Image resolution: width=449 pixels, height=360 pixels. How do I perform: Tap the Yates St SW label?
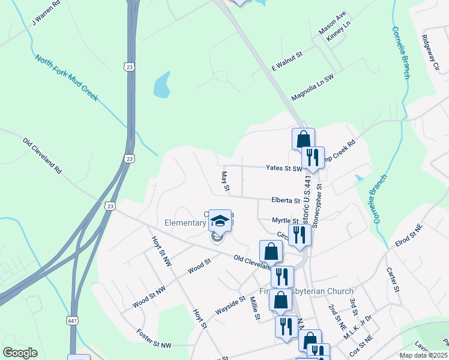(283, 169)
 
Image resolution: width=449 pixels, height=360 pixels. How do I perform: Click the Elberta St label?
(285, 200)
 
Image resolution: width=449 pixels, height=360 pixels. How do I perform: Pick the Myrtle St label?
(285, 220)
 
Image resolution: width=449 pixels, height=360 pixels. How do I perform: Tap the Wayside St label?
(230, 305)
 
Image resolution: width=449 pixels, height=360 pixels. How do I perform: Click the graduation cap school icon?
(220, 221)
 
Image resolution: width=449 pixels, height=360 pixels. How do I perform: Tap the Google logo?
(20, 353)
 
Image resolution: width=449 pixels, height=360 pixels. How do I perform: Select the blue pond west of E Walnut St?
(161, 86)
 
